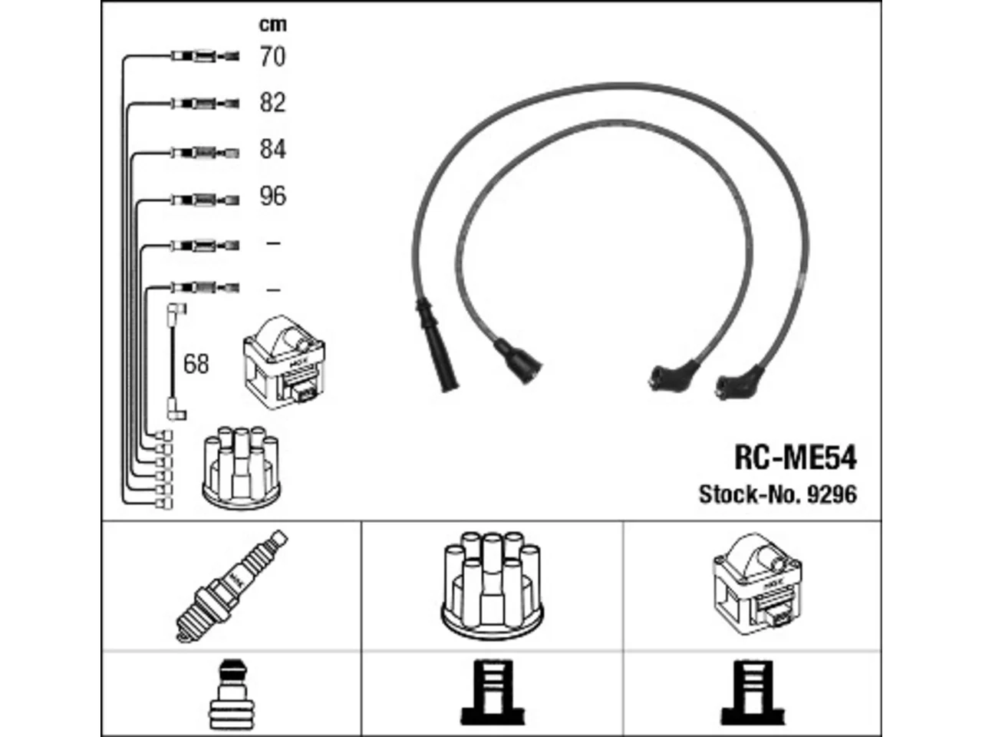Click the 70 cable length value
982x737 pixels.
coord(272,57)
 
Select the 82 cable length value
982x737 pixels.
coord(272,102)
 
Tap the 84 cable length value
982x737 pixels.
coord(272,149)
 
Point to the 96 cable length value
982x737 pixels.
coord(272,196)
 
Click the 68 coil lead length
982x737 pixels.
coord(196,364)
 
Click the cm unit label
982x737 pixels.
coord(273,25)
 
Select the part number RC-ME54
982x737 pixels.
coord(796,458)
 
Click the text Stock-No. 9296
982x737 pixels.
coord(778,494)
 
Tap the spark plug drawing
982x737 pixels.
coord(232,586)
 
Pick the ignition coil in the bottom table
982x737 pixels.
coord(757,583)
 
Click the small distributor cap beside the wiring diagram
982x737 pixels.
coord(241,468)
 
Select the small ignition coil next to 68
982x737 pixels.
coord(284,362)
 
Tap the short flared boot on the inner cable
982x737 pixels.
coord(518,361)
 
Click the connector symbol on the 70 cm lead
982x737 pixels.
coord(206,56)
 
